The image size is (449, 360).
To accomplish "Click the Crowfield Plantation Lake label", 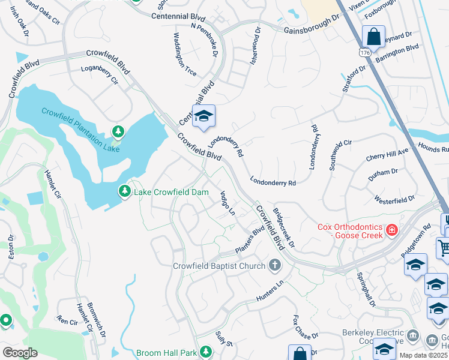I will click(80, 130).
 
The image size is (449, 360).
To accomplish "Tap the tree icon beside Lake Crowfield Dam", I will click(125, 191).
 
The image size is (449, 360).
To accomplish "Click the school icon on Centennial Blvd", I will click(203, 116).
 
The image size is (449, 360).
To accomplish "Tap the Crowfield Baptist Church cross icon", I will click(274, 265).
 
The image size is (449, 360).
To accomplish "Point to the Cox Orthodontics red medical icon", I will click(391, 230).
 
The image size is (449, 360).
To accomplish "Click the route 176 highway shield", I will click(366, 53).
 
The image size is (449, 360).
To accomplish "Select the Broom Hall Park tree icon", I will click(206, 351).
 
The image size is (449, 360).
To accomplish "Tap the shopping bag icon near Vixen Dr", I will click(373, 37).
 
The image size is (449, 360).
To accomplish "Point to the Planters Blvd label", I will click(249, 240).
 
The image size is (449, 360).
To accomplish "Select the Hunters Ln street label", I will click(268, 291).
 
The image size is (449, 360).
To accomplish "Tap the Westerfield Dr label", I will click(394, 199).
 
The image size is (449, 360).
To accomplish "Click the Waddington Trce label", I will click(185, 57).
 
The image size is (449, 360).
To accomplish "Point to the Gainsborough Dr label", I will click(307, 26).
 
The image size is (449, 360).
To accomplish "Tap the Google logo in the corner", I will click(20, 352).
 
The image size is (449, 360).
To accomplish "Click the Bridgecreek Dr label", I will click(284, 228).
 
